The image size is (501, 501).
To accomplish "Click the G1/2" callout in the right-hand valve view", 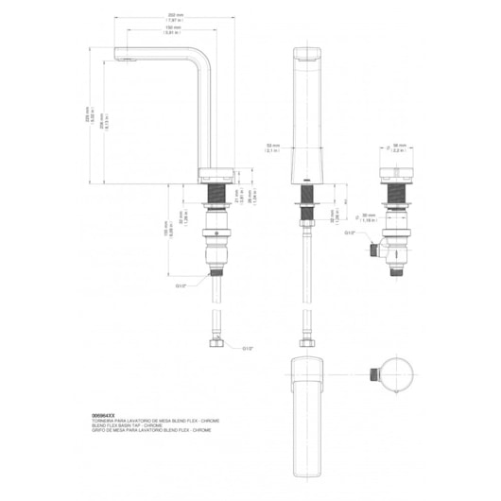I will [350, 233].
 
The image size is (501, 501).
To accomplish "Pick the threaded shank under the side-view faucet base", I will [217, 205].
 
